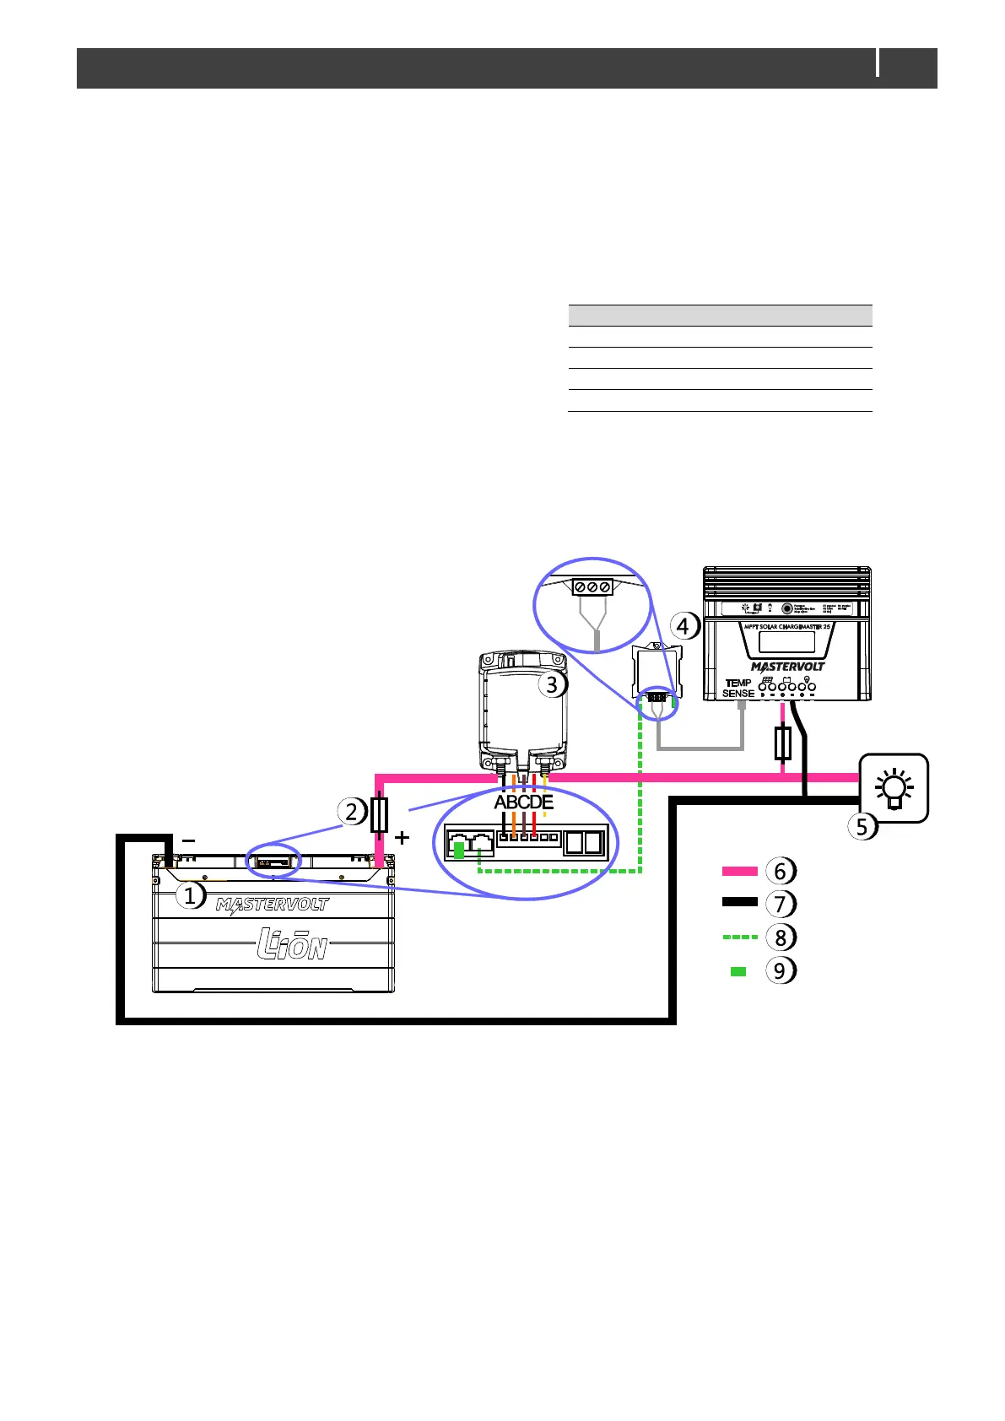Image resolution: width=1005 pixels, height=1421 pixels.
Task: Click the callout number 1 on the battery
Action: click(x=190, y=895)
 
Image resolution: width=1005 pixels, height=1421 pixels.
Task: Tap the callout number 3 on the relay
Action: click(x=552, y=684)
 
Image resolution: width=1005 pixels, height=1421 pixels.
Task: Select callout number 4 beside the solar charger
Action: click(x=684, y=626)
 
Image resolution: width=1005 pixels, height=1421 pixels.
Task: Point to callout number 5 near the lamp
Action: click(x=862, y=826)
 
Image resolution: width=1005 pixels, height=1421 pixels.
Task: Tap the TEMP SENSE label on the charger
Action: click(x=738, y=688)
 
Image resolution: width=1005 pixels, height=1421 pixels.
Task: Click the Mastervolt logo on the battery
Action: click(x=272, y=906)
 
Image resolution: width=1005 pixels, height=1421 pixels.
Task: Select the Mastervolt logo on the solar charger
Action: click(x=787, y=667)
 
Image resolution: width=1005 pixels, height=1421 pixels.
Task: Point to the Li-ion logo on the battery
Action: click(x=291, y=944)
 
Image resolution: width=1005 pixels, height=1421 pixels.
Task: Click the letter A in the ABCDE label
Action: click(x=500, y=802)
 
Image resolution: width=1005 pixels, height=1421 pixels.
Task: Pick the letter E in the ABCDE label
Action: click(x=548, y=802)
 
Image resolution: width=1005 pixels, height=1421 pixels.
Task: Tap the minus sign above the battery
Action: click(x=188, y=840)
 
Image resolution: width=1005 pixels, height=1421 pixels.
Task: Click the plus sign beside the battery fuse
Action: click(x=403, y=838)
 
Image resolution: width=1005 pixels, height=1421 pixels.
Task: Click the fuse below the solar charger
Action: click(x=782, y=743)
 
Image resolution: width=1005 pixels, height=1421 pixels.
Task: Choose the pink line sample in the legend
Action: click(x=739, y=871)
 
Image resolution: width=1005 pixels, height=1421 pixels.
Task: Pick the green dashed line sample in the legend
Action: click(x=739, y=937)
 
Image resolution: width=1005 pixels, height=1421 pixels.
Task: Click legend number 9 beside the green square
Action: click(x=780, y=971)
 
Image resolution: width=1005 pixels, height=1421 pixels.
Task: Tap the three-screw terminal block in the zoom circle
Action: click(x=592, y=587)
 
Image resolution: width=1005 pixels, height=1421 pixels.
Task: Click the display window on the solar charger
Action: click(x=786, y=641)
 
